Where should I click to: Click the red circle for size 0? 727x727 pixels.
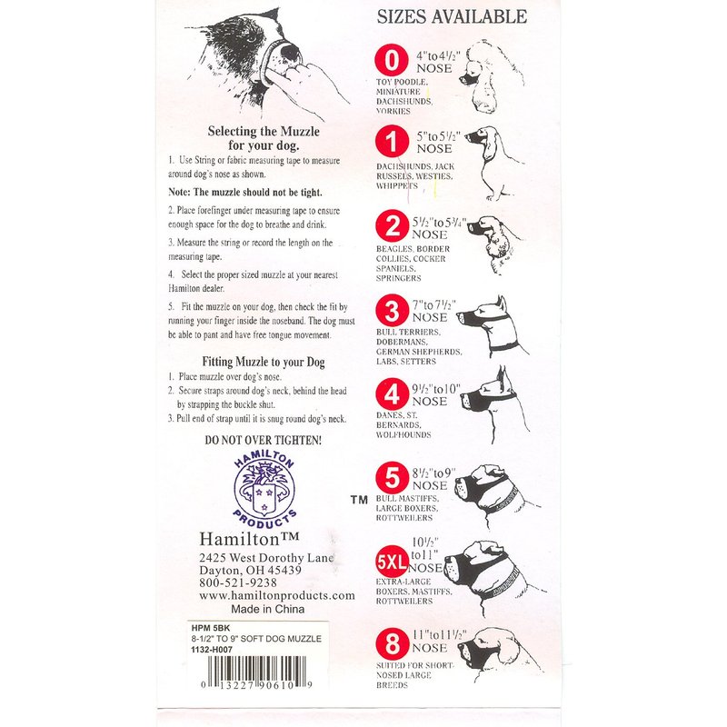point(392,60)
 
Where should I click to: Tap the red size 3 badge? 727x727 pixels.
point(392,311)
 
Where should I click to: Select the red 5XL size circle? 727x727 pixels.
point(392,562)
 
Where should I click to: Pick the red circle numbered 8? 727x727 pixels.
point(393,643)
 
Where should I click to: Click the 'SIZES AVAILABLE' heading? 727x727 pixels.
point(452,16)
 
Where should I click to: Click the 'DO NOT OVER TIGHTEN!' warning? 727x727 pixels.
point(264,440)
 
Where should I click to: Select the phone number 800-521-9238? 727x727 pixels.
point(238,583)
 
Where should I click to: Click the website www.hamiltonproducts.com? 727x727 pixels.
point(277,595)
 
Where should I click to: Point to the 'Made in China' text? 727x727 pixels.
point(267,609)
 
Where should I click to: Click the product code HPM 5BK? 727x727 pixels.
point(211,628)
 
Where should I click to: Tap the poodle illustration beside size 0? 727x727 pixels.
point(488,76)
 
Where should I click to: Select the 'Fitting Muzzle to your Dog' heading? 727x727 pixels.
point(264,362)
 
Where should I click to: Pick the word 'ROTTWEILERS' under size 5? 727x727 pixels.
point(403,518)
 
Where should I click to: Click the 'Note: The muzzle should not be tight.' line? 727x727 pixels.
point(244,192)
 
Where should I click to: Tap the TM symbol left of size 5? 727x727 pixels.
point(359,500)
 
